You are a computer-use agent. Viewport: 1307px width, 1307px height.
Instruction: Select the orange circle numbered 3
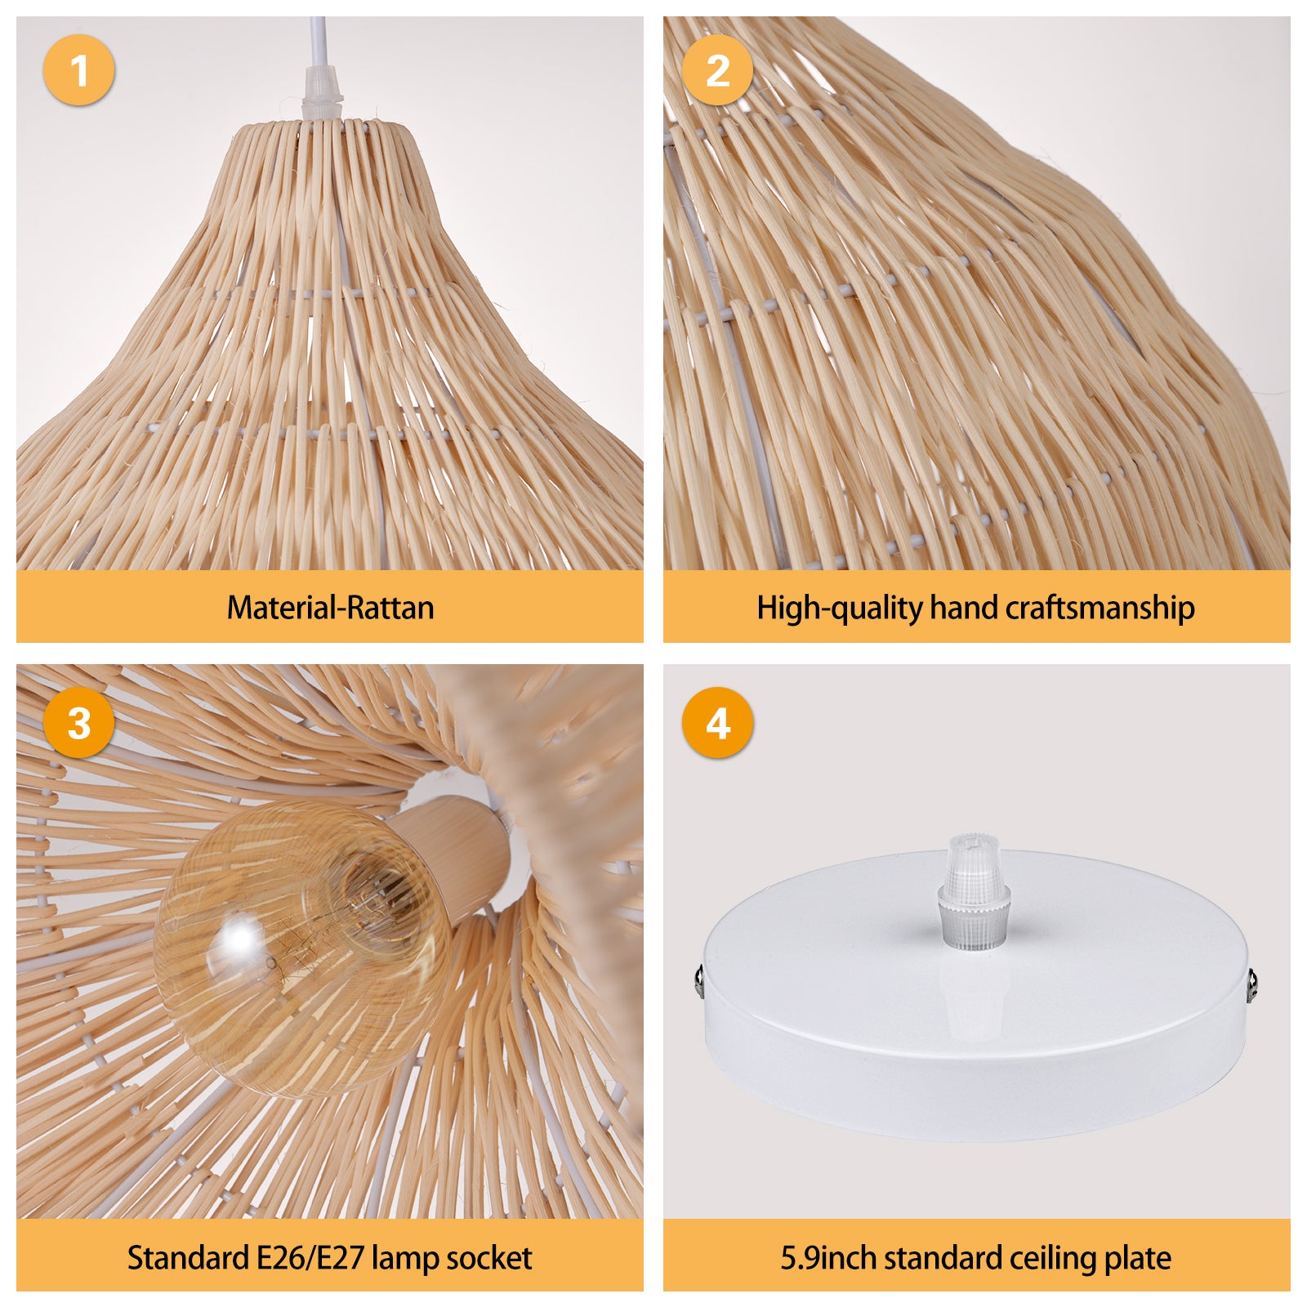(x=78, y=722)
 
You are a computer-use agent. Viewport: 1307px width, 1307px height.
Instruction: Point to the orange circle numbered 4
(x=717, y=722)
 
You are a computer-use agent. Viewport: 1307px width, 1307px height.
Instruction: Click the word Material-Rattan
(x=330, y=608)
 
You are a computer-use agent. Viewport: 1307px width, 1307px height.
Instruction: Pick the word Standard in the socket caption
(x=188, y=1258)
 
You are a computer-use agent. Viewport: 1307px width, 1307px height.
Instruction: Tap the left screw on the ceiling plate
(x=698, y=979)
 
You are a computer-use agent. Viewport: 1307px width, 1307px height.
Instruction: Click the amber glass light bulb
(x=302, y=948)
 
